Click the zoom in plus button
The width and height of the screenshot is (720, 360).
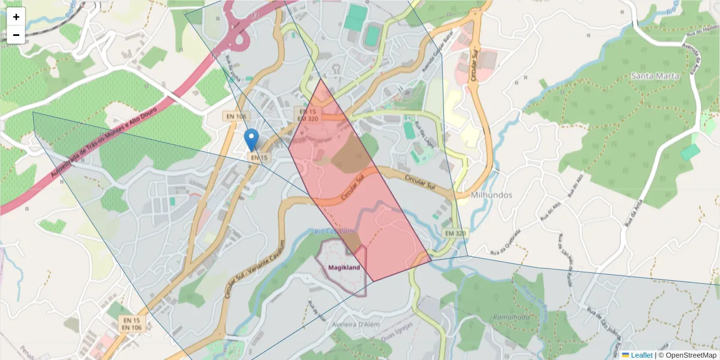16,17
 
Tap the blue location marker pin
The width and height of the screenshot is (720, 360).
253,139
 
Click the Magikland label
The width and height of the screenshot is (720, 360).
344,268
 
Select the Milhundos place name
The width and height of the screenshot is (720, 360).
491,196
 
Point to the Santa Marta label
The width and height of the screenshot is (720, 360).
655,76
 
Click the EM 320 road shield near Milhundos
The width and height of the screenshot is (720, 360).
455,233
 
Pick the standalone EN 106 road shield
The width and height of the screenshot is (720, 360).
237,116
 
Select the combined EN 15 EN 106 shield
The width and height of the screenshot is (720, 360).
131,323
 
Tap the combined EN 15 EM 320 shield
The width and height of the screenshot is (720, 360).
307,115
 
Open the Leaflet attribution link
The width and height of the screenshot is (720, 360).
641,355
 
